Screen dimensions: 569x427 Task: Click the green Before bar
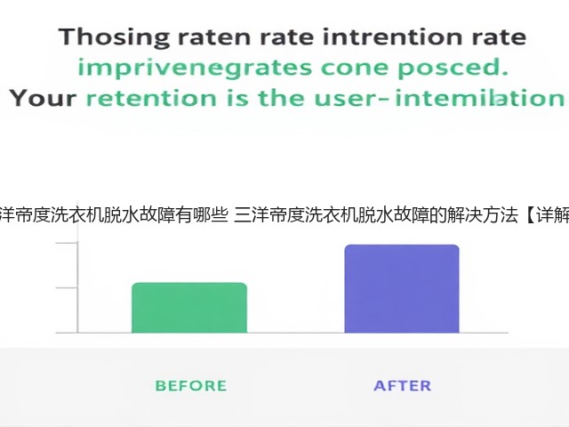(189, 308)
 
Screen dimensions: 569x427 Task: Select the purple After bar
(402, 288)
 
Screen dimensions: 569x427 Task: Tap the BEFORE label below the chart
(191, 385)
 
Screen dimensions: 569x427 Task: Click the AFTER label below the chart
(403, 385)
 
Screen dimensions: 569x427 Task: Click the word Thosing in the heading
(115, 37)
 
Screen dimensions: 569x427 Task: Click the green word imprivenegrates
(195, 68)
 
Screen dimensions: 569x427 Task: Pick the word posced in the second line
(453, 68)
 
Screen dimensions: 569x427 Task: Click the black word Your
(44, 99)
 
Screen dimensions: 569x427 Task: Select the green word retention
(151, 99)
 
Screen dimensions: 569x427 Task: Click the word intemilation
(480, 99)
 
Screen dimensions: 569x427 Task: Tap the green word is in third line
(237, 99)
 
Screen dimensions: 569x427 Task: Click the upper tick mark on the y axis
(67, 242)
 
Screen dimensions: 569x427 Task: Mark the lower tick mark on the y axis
(67, 288)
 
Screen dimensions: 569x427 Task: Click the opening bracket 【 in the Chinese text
(529, 215)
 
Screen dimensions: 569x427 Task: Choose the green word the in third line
(281, 99)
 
